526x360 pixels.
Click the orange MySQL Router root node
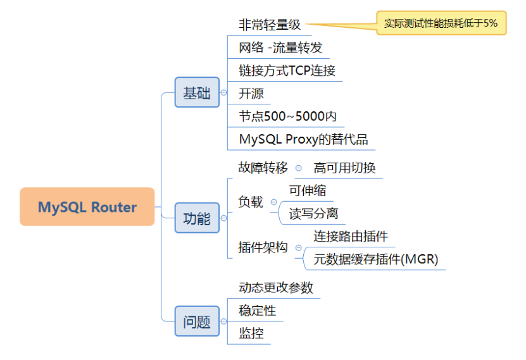(x=87, y=207)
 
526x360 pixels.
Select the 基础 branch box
(x=197, y=92)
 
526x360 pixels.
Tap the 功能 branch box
(x=197, y=218)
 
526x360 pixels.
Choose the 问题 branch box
(x=197, y=321)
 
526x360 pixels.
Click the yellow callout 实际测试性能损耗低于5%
(x=441, y=23)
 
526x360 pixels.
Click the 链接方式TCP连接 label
(x=287, y=70)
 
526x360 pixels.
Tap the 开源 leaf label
(x=251, y=94)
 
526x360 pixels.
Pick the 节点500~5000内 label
(x=287, y=116)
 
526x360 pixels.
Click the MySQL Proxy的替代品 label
(x=303, y=139)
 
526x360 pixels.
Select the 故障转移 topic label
(x=263, y=168)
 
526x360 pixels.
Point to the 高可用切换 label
(x=344, y=168)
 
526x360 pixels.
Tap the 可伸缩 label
(x=308, y=190)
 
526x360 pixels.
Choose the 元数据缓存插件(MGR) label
(x=376, y=259)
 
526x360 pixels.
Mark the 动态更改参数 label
(x=276, y=287)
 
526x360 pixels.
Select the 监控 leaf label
(x=251, y=333)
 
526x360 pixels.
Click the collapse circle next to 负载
(x=273, y=202)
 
